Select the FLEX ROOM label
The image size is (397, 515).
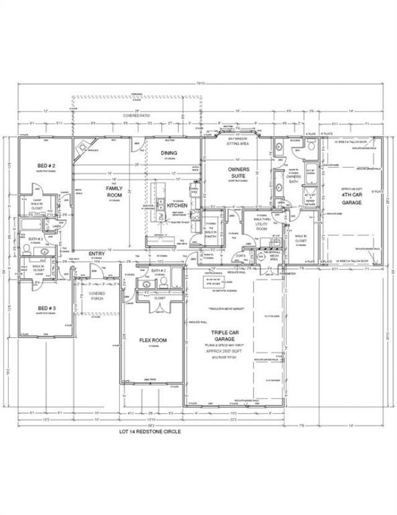click(152, 340)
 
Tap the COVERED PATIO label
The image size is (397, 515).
click(136, 115)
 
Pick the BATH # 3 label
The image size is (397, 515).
click(35, 239)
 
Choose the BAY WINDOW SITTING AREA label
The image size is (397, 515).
click(237, 140)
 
